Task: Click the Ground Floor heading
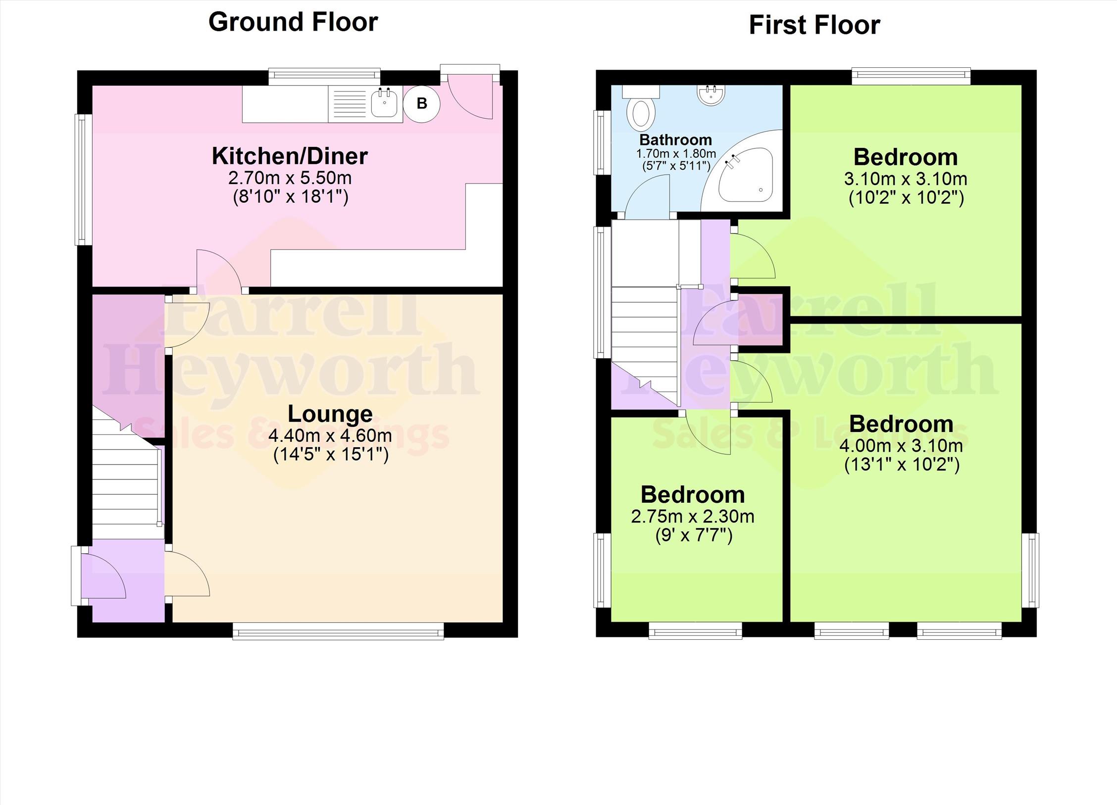pyautogui.click(x=293, y=23)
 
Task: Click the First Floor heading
pyautogui.click(x=814, y=25)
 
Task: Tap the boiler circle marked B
pyautogui.click(x=421, y=103)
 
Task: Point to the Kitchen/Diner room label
pyautogui.click(x=290, y=156)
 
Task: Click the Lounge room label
pyautogui.click(x=330, y=414)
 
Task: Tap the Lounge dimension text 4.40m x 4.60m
pyautogui.click(x=330, y=436)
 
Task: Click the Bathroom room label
pyautogui.click(x=675, y=140)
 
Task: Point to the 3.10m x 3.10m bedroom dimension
pyautogui.click(x=906, y=179)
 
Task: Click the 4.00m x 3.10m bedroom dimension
pyautogui.click(x=901, y=446)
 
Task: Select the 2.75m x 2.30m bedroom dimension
pyautogui.click(x=693, y=517)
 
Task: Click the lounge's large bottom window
pyautogui.click(x=338, y=631)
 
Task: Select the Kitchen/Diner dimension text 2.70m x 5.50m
pyautogui.click(x=290, y=178)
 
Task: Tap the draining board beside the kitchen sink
pyautogui.click(x=349, y=103)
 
